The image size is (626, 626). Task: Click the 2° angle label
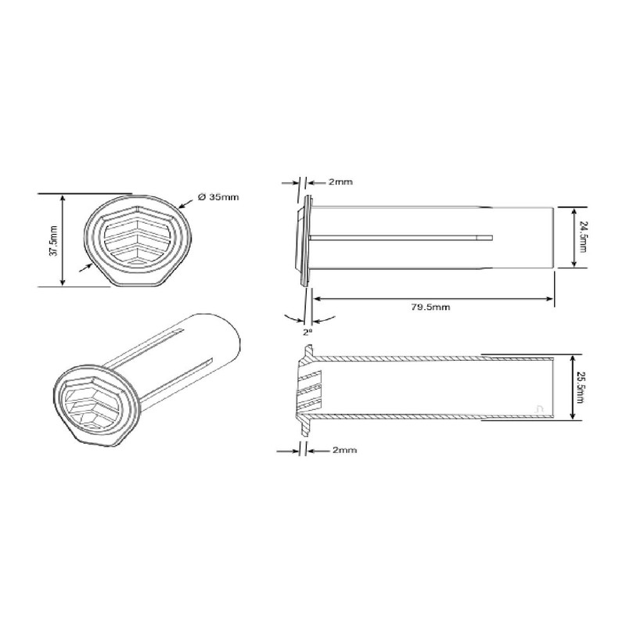pos(306,331)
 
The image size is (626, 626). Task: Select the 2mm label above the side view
pos(340,182)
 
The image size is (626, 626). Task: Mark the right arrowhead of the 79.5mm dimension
pos(551,298)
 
